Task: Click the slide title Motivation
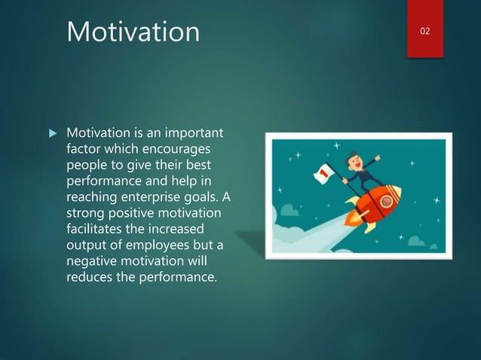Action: tap(133, 32)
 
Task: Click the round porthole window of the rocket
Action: tap(388, 202)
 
